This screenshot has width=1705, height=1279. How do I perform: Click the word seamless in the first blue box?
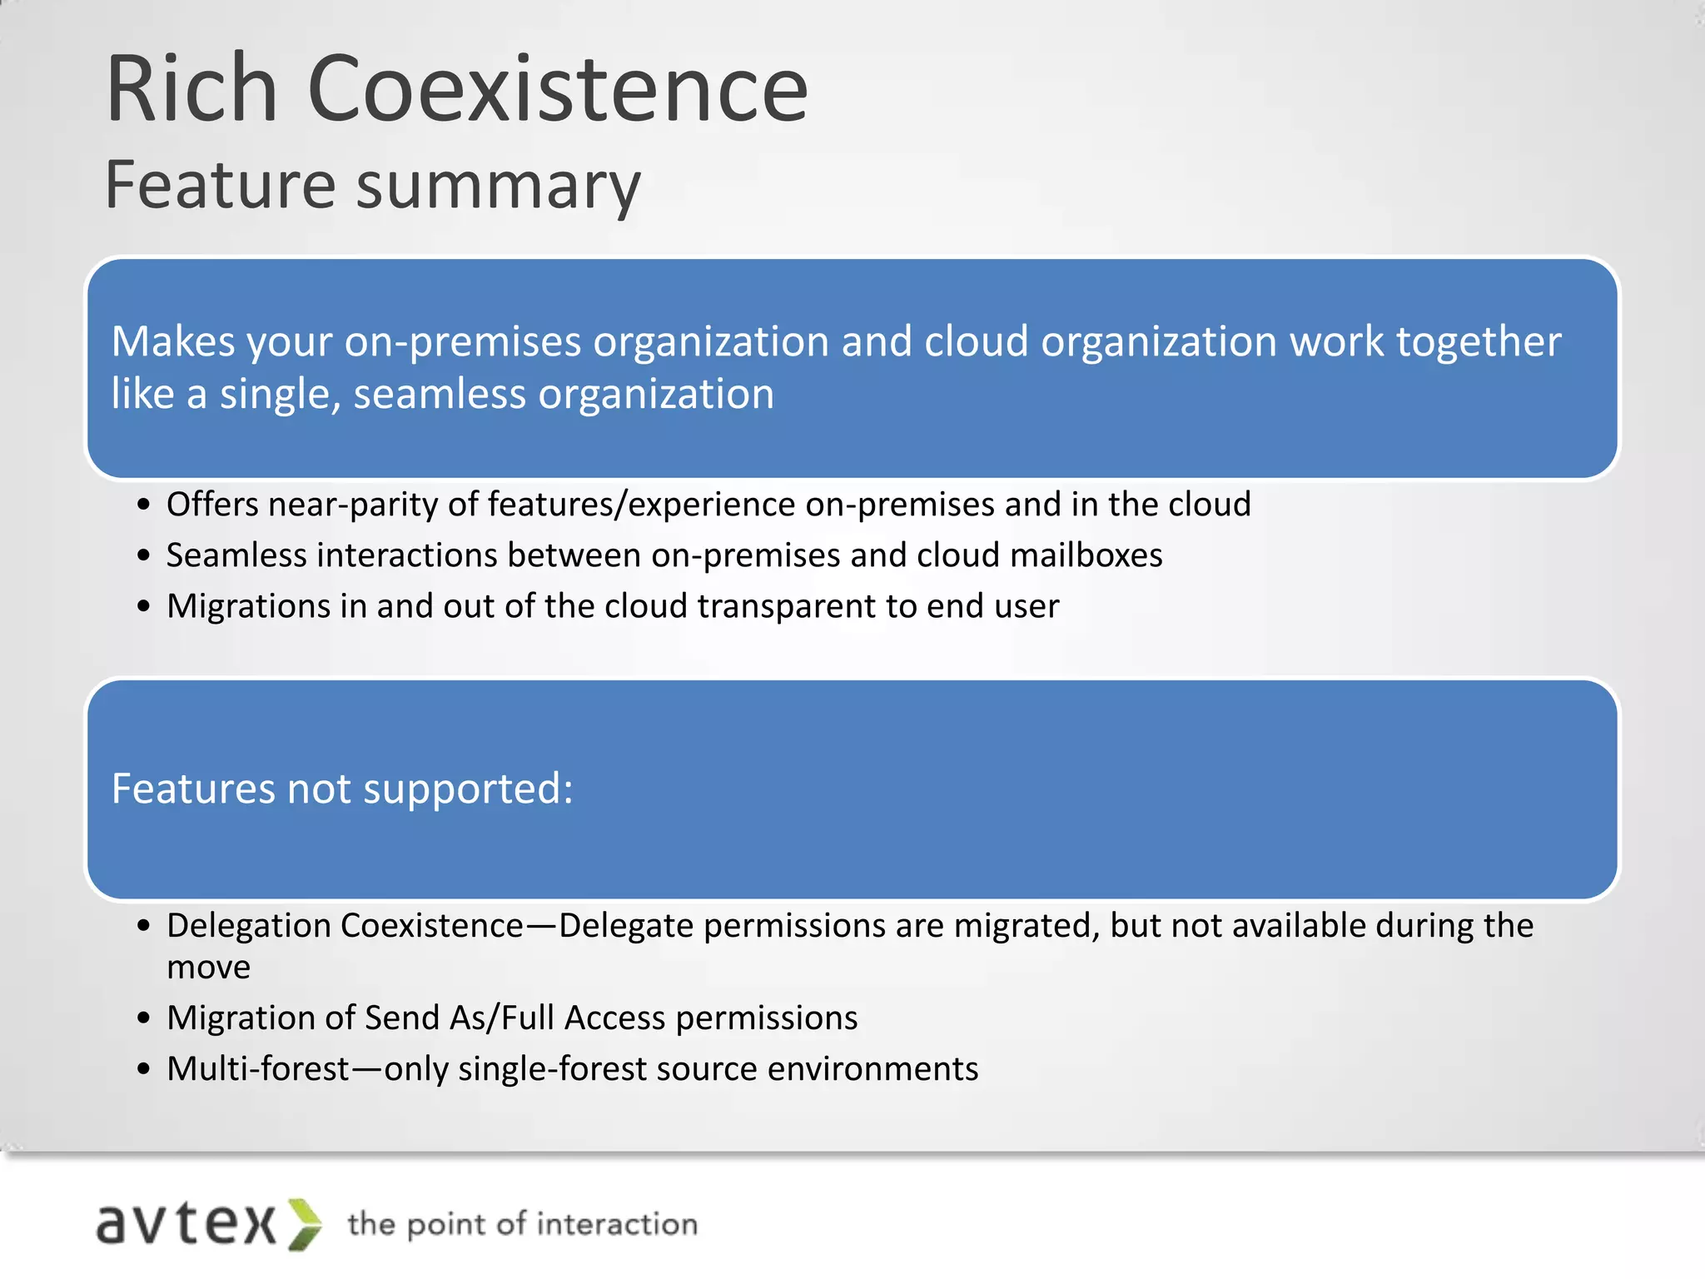pyautogui.click(x=440, y=394)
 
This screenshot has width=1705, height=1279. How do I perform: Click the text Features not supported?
pyautogui.click(x=342, y=789)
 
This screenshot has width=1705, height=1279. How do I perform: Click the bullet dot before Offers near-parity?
pyautogui.click(x=144, y=505)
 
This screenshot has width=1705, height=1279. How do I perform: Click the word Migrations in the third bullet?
pyautogui.click(x=248, y=606)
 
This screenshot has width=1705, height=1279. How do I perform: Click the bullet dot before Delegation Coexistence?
pyautogui.click(x=144, y=927)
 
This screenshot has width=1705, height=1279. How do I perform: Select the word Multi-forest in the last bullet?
pyautogui.click(x=258, y=1069)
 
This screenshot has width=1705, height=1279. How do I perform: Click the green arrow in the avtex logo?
pyautogui.click(x=305, y=1224)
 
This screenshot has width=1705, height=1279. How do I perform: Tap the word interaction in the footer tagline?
pyautogui.click(x=617, y=1224)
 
